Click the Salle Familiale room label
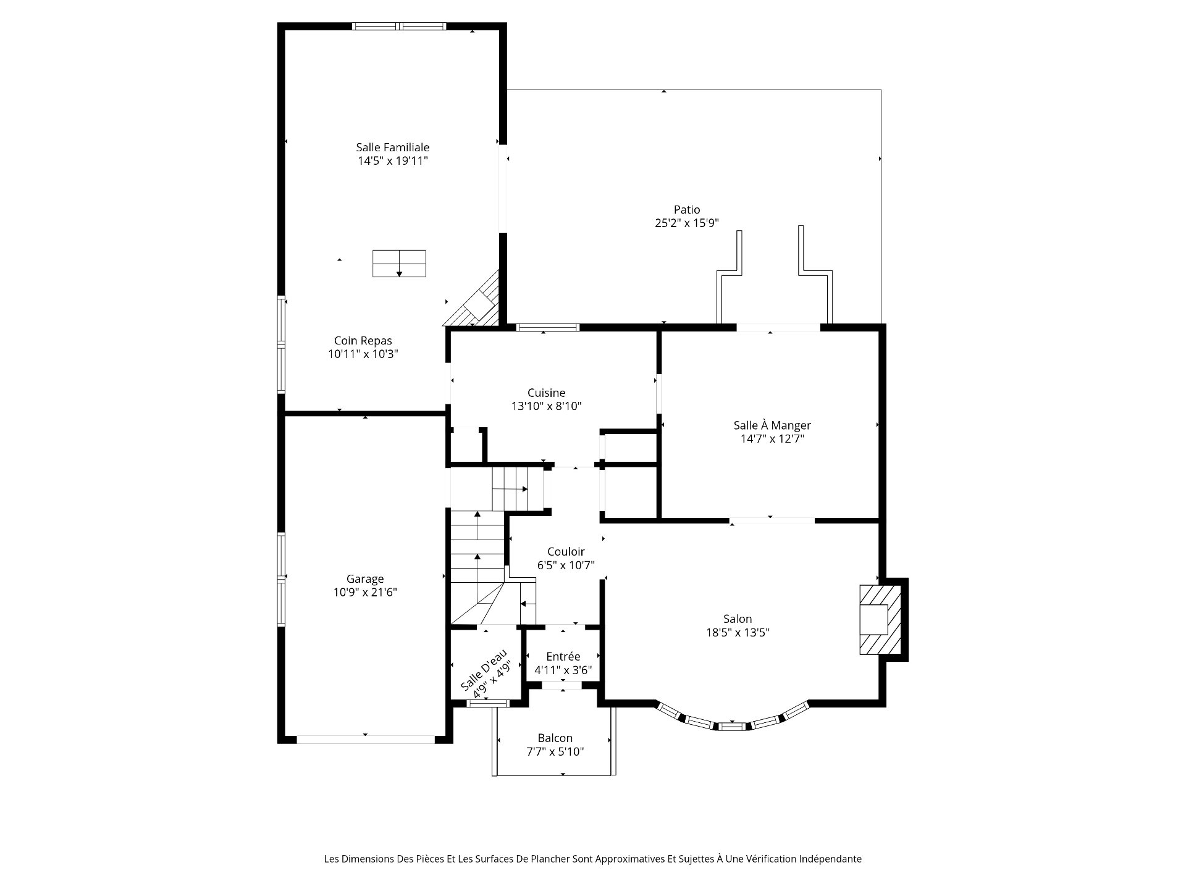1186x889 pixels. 392,148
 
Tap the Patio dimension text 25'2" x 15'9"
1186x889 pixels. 687,223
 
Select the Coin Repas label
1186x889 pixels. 363,341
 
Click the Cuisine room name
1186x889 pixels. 547,393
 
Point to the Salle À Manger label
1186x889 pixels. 772,425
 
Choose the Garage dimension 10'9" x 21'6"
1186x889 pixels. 365,593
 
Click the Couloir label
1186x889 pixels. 566,551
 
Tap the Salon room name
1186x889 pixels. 738,619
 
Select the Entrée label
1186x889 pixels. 563,656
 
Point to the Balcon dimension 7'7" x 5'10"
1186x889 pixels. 555,752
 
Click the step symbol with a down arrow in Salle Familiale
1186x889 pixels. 399,264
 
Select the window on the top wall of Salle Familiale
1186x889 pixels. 399,27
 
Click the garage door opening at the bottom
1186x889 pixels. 366,739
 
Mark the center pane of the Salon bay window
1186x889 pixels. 732,727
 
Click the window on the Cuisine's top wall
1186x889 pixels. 547,327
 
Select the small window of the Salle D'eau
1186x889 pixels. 488,703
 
